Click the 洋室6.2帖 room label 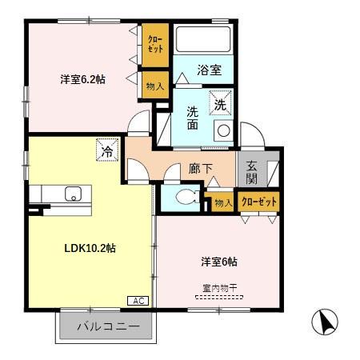click(x=82, y=80)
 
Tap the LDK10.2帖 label click(x=90, y=248)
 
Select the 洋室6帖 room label click(x=218, y=262)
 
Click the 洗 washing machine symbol click(x=220, y=102)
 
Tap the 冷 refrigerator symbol click(x=106, y=150)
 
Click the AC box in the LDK click(x=137, y=301)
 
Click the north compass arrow click(x=324, y=322)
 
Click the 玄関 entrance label click(x=250, y=173)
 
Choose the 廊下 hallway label click(x=200, y=169)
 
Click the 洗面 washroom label click(x=193, y=118)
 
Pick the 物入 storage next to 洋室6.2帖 click(x=155, y=85)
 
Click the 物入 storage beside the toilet click(x=223, y=203)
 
